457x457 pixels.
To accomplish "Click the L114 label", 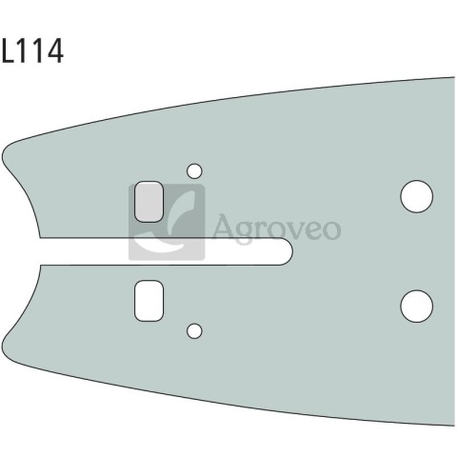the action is point(32,50).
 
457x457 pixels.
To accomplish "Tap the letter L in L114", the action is point(8,50).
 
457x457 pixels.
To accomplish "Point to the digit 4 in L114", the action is point(55,50).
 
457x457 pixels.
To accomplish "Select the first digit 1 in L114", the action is point(22,50).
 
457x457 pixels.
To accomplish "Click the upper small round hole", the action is point(194,171).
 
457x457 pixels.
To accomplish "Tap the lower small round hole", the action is point(194,331).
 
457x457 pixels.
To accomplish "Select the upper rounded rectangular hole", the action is point(149,202).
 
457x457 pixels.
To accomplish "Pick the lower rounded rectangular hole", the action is point(149,301).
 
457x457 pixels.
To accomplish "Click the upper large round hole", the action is point(416,196).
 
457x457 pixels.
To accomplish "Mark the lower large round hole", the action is point(416,306).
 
